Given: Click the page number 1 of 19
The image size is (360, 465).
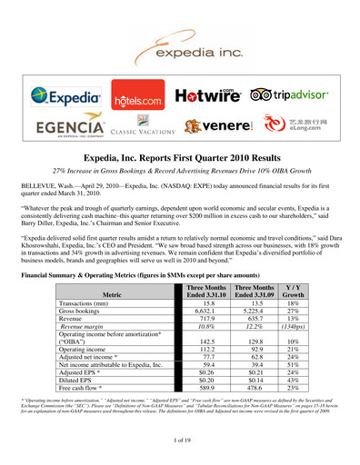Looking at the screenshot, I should [180, 440].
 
